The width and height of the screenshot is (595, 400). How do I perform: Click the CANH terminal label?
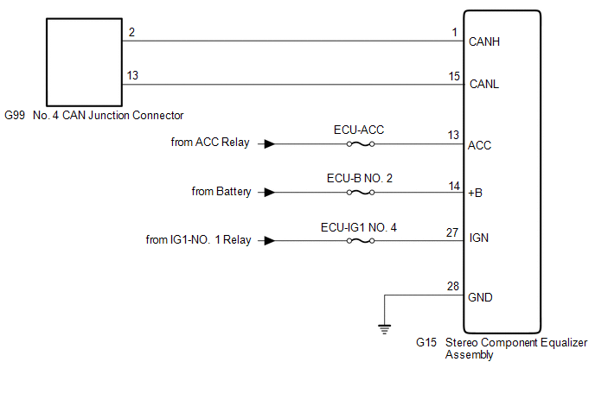(x=483, y=41)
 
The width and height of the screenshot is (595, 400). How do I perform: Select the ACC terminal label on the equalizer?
(x=479, y=145)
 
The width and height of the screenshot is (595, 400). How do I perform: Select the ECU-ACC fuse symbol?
(x=359, y=144)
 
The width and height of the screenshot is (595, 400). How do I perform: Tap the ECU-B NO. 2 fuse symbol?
(x=359, y=192)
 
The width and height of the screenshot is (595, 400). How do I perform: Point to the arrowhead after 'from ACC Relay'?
(x=270, y=144)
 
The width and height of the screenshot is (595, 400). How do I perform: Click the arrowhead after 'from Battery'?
(x=270, y=192)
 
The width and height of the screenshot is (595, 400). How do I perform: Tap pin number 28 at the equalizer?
(x=454, y=286)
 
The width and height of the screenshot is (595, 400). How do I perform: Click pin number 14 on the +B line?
(x=454, y=184)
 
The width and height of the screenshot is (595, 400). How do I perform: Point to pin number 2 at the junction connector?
(x=131, y=32)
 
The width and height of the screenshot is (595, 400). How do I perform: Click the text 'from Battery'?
(x=221, y=192)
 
